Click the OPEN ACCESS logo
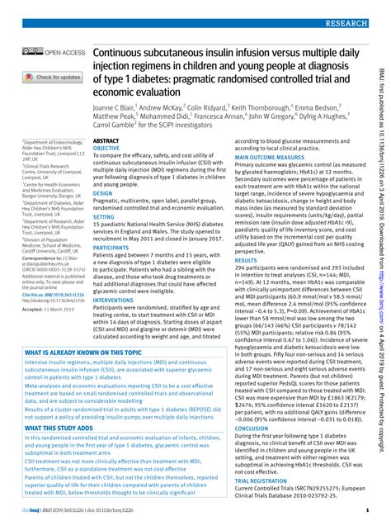pyautogui.click(x=55, y=53)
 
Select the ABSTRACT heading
pyautogui.click(x=106, y=142)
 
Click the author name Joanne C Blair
pyautogui.click(x=125, y=108)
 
